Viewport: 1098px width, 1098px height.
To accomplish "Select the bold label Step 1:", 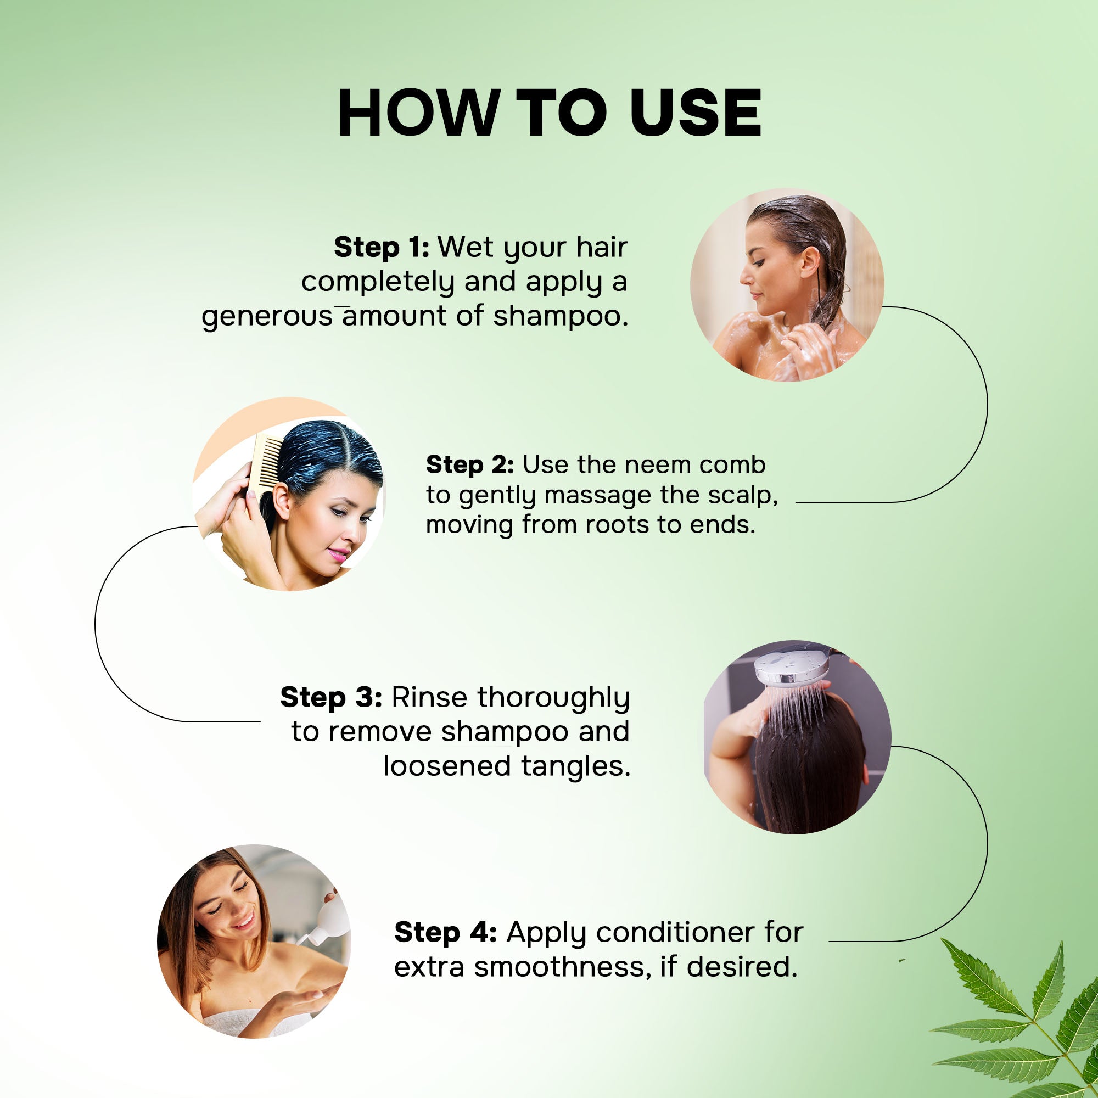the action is click(x=382, y=247).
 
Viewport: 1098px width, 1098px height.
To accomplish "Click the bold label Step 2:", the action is click(x=470, y=464).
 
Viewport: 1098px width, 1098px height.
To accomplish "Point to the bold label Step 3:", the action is click(x=330, y=697).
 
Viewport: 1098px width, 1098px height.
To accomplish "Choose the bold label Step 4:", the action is click(x=446, y=933).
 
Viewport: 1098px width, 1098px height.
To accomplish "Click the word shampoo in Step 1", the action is click(x=561, y=317).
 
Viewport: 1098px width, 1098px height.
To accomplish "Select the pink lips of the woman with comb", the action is click(x=339, y=553).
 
